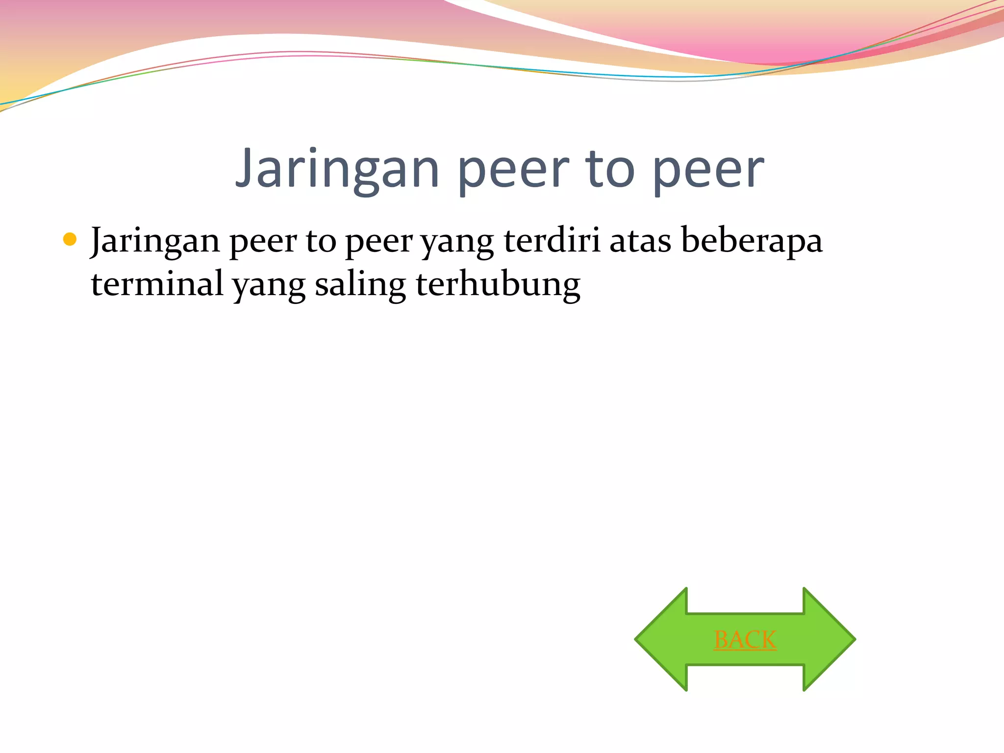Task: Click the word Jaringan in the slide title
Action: pos(337,170)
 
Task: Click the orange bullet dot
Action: pos(70,239)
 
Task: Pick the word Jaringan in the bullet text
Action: pos(155,241)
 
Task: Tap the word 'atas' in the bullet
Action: pos(640,241)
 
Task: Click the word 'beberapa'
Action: pos(752,241)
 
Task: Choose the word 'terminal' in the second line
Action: pos(157,284)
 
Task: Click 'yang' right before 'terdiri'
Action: pos(457,243)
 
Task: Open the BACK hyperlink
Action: pos(745,640)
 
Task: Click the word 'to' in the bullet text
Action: pos(321,241)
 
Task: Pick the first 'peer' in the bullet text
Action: pos(263,242)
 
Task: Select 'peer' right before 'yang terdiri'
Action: pos(379,242)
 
